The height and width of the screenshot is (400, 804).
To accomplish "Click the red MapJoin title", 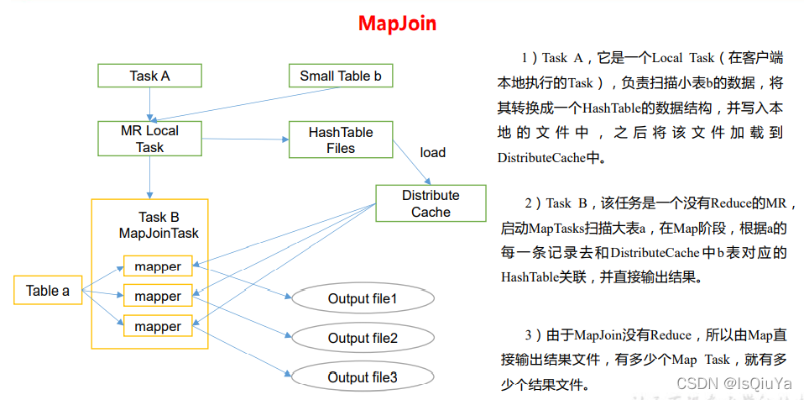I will [397, 23].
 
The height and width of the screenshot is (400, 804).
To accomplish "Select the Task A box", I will [149, 76].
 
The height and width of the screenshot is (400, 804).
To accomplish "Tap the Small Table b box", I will [340, 76].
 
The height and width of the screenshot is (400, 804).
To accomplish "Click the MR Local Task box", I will [150, 139].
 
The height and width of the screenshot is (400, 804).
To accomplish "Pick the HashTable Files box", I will [340, 139].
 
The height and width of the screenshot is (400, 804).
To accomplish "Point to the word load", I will [432, 152].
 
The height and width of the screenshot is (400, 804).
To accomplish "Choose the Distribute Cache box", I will [431, 203].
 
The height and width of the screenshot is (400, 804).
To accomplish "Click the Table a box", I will [48, 291].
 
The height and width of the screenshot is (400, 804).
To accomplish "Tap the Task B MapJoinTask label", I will [159, 224].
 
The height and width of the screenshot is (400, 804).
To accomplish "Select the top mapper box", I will [158, 266].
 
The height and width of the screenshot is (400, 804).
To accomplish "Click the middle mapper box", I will [158, 296].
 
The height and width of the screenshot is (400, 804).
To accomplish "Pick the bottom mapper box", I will [158, 326].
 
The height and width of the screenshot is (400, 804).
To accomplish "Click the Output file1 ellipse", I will [363, 298].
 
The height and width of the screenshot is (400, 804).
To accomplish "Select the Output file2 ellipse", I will [363, 338].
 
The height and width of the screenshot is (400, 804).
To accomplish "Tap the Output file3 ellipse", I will [363, 376].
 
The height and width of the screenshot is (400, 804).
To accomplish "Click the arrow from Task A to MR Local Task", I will [149, 104].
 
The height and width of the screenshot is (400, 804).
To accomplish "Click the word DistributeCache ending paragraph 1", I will [537, 157].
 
